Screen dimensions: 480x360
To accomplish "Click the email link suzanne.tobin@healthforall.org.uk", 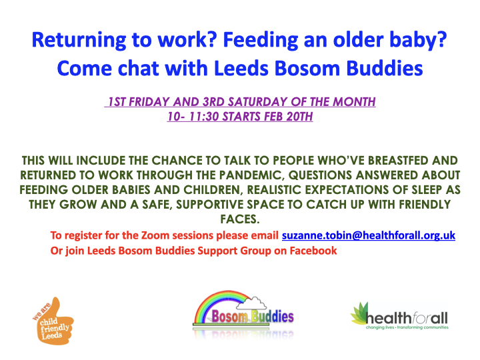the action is coord(369,235).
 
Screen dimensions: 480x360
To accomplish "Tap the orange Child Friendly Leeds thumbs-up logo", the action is coord(53,321).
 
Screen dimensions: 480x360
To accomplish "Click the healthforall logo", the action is coord(399,316).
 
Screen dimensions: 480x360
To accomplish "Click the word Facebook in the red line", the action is coord(313,251).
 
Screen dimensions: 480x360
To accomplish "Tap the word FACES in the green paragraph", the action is coord(240,219).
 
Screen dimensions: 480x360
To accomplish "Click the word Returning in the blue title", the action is coord(79,41).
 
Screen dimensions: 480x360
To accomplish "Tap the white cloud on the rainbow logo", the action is coord(252,303).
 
